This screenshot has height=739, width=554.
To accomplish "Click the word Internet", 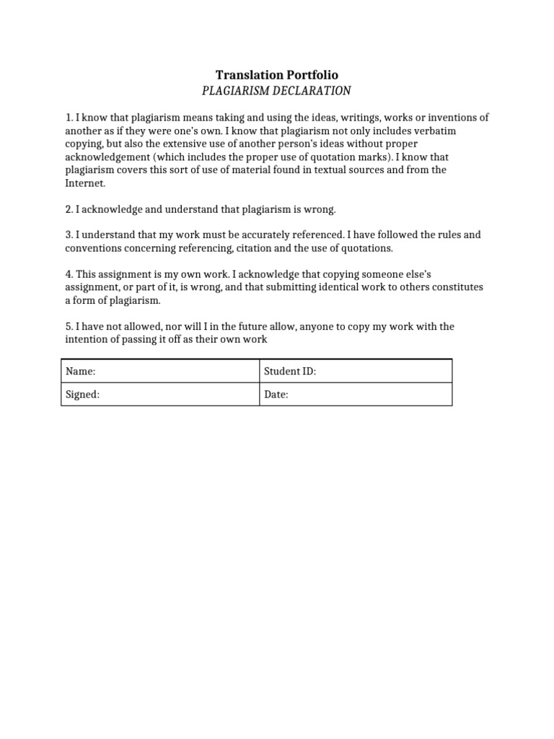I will click(84, 183).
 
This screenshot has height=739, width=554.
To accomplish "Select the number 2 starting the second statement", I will click(68, 209).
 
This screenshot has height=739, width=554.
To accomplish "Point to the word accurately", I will click(235, 235).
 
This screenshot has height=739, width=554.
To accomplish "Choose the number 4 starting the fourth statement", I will click(68, 274).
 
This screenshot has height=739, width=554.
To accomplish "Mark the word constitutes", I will click(457, 287).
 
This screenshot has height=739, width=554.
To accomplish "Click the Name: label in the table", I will click(80, 372).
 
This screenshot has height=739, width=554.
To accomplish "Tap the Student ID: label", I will click(290, 372).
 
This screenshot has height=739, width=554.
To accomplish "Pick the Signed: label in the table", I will click(82, 395).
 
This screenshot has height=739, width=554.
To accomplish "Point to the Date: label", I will click(276, 395).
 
